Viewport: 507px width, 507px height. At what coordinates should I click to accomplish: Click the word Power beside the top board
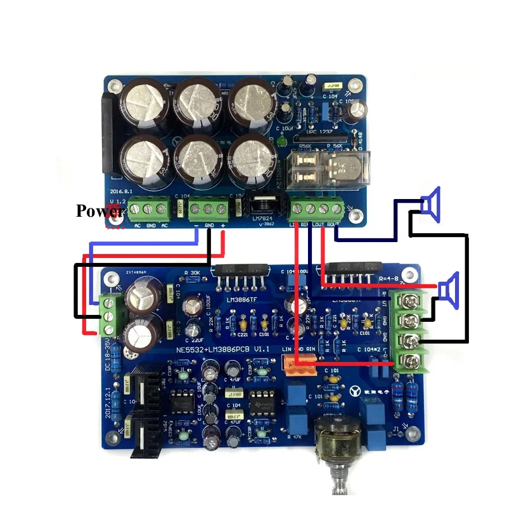coord(99,210)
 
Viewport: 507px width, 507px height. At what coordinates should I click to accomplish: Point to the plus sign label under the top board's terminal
coord(222,226)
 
